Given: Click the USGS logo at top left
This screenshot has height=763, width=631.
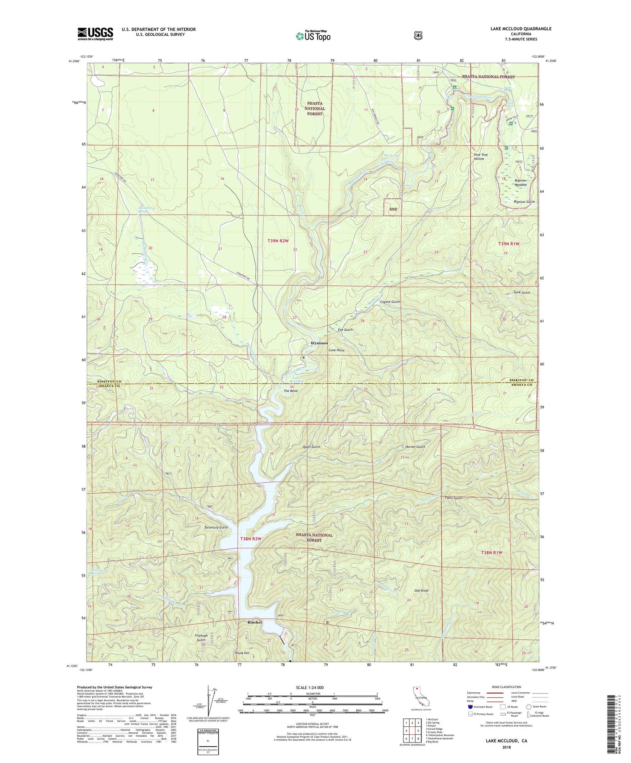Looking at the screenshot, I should (95, 34).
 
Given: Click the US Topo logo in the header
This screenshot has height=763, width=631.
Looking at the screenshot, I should (313, 35).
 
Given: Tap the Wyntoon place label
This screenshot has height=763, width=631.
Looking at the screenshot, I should (319, 343).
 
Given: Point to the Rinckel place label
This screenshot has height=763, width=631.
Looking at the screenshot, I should (255, 622).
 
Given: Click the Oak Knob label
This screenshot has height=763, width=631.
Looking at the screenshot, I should (421, 590).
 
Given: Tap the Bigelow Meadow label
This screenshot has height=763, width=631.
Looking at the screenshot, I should (521, 183).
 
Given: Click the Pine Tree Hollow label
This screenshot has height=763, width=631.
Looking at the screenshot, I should (481, 157).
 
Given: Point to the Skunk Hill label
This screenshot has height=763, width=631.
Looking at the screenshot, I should (242, 653).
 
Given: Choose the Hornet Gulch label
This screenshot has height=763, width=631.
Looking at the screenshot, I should (415, 447).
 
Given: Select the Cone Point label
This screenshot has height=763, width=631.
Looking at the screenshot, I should (336, 350).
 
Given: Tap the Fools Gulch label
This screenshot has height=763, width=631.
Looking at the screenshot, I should (453, 498).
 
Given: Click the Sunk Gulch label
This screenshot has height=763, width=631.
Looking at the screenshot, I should (522, 292).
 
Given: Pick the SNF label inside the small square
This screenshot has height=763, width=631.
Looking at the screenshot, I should (393, 209).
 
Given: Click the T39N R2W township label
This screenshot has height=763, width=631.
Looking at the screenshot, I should (278, 241).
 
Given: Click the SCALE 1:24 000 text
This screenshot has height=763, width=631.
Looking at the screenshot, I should (310, 687).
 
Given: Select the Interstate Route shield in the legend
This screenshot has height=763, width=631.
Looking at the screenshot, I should (470, 707).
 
